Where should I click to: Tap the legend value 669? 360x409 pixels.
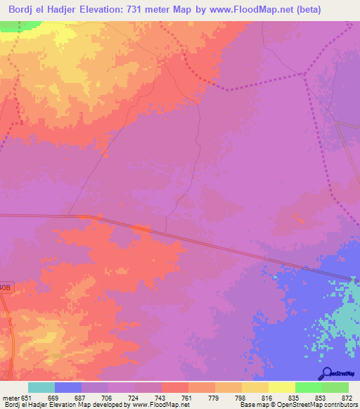[53, 397]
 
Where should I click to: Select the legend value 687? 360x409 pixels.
[81, 397]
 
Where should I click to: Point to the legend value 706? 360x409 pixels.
[108, 397]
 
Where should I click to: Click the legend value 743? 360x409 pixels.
[161, 397]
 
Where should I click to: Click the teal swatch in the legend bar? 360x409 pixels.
[41, 387]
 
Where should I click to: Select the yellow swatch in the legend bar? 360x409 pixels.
[281, 387]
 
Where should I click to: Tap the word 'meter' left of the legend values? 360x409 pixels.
[11, 397]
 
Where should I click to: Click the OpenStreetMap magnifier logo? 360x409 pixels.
[326, 372]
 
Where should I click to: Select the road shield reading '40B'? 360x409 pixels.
[6, 287]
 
